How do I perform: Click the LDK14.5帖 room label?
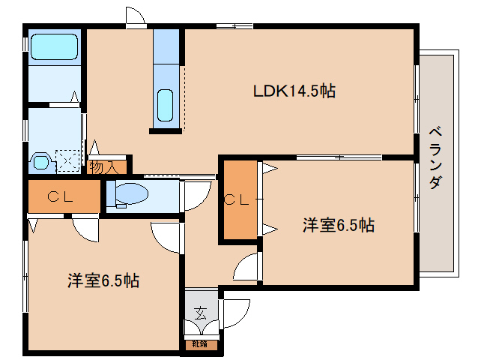point(294,91)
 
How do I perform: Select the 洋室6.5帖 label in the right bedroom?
point(339,224)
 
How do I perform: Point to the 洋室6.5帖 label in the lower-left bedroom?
point(103,281)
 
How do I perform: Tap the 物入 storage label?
point(103,166)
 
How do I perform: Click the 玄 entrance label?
point(200,312)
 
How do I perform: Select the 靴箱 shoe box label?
point(200,345)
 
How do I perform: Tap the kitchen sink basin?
point(166,106)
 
